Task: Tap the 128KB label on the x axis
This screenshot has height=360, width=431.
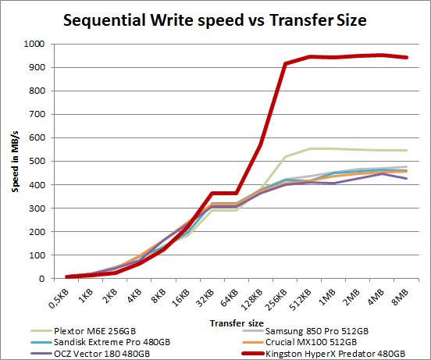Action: pyautogui.click(x=249, y=298)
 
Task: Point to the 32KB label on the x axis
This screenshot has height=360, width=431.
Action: pyautogui.click(x=205, y=296)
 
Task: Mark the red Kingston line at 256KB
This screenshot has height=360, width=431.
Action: pyautogui.click(x=285, y=64)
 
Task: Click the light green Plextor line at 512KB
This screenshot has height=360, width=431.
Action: pyautogui.click(x=308, y=149)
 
